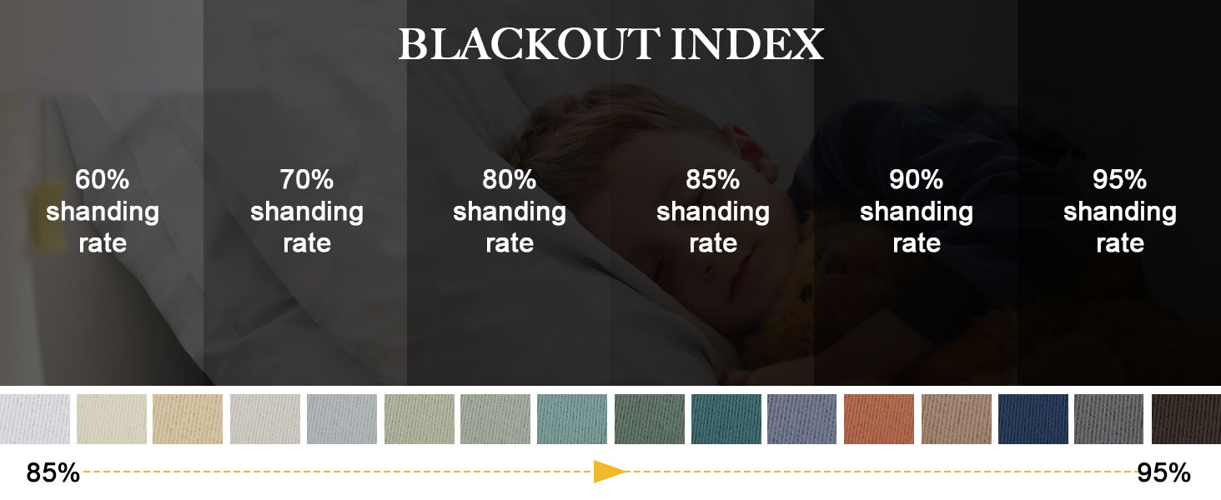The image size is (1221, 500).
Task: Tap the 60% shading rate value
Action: coord(102,179)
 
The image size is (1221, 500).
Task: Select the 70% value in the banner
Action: coord(306,179)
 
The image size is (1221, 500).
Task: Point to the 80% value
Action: coord(509,179)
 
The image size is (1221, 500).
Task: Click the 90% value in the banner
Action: coord(916,179)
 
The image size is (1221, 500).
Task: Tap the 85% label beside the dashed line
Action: coord(53,473)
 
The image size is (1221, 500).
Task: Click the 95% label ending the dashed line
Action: coord(1163,473)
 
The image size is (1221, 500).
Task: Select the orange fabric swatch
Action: coord(879,419)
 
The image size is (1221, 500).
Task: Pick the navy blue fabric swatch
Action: coord(1033,419)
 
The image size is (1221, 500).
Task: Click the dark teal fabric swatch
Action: coord(726,419)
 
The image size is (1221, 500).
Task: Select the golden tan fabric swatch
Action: coord(188,419)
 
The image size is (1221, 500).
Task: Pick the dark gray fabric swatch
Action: coord(1109,419)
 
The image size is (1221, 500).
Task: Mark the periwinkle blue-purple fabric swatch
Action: coord(802,419)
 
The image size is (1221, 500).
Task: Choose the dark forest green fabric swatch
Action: coord(649,419)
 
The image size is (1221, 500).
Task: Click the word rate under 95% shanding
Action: coord(1119,243)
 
